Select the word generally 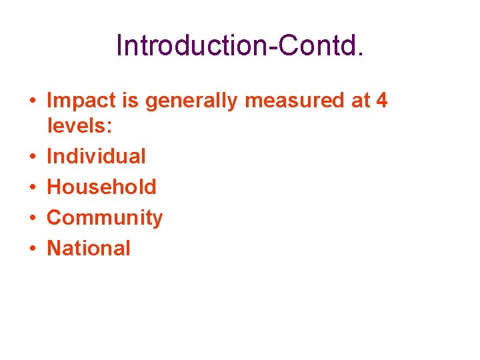pos(192,101)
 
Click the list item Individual pos(96,156)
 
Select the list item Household pos(101,187)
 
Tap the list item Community pos(105,218)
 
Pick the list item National pos(89,248)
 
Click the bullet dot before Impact pos(32,101)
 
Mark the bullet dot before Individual pos(32,157)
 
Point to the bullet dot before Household pos(32,187)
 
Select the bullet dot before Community pos(32,218)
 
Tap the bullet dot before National pos(32,249)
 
